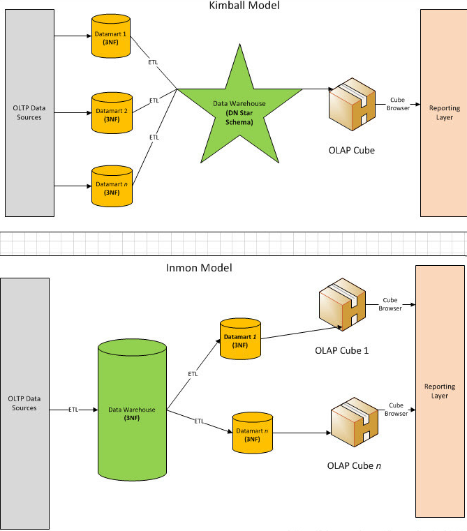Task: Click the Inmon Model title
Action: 199,268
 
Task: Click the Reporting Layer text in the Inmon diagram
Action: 439,391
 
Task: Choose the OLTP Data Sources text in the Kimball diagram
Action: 28,112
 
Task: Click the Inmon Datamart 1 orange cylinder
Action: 240,339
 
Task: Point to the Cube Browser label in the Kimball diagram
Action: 396,104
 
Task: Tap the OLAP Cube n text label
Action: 354,465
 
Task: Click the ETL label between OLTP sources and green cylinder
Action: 73,409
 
